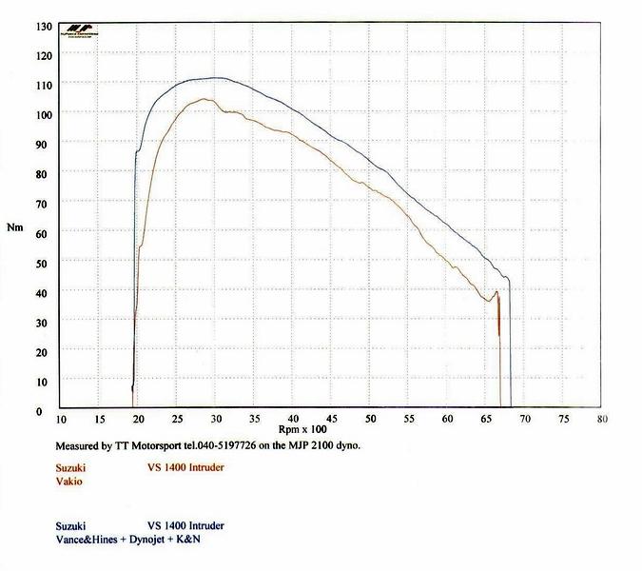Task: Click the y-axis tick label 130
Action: pyautogui.click(x=44, y=26)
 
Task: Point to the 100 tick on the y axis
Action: pyautogui.click(x=44, y=114)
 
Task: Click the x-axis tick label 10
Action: pyautogui.click(x=62, y=420)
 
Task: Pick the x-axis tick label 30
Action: pyautogui.click(x=217, y=420)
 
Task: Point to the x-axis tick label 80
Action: pyautogui.click(x=603, y=420)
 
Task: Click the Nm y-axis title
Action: pyautogui.click(x=14, y=227)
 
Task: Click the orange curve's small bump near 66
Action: pyautogui.click(x=496, y=292)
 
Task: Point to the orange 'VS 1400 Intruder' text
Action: pyautogui.click(x=186, y=467)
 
